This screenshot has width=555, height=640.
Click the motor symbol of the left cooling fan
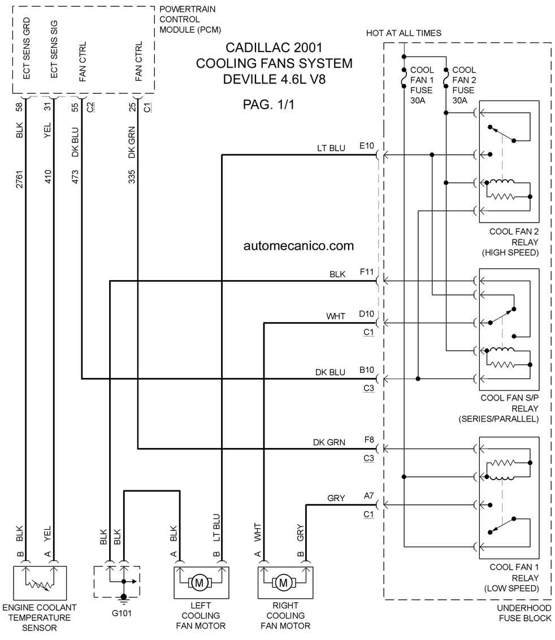[200, 583]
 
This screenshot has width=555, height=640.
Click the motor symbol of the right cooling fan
[283, 583]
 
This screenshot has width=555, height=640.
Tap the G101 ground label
[122, 613]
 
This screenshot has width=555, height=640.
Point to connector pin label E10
[366, 146]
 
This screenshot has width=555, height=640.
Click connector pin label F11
[366, 272]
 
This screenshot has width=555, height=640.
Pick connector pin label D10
[366, 314]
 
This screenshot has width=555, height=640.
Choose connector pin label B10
[366, 370]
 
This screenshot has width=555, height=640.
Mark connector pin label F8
[368, 439]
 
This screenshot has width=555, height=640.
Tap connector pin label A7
[368, 495]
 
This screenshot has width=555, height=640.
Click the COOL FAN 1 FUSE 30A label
[422, 85]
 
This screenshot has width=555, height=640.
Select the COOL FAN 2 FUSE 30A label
[464, 85]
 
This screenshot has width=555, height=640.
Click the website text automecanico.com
[298, 246]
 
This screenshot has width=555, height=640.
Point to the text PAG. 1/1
[268, 105]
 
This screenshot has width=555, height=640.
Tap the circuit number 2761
[20, 179]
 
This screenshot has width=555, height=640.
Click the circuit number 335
[132, 177]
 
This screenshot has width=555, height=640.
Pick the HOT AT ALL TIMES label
[404, 33]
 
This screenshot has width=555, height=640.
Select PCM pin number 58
[20, 107]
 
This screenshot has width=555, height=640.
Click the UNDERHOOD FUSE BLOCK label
[524, 613]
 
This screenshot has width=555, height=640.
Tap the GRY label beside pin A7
[336, 498]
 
